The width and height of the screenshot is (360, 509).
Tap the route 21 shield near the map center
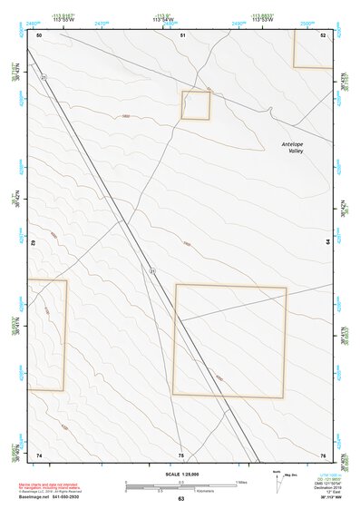point(152,271)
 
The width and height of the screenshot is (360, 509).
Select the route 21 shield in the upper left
point(43,78)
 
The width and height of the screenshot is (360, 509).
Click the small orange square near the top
point(196,105)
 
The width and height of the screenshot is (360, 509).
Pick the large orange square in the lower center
point(229,340)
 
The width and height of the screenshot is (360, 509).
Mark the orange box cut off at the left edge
point(46,335)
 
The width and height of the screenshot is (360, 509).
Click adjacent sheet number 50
point(39,34)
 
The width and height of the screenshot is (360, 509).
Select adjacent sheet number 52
point(324,34)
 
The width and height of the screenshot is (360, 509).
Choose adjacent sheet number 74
point(39,455)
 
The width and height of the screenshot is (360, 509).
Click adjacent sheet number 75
point(181,455)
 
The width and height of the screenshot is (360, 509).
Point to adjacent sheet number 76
point(324,455)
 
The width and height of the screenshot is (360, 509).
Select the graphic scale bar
point(180,486)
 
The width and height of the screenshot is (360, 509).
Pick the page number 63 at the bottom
point(180,499)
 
